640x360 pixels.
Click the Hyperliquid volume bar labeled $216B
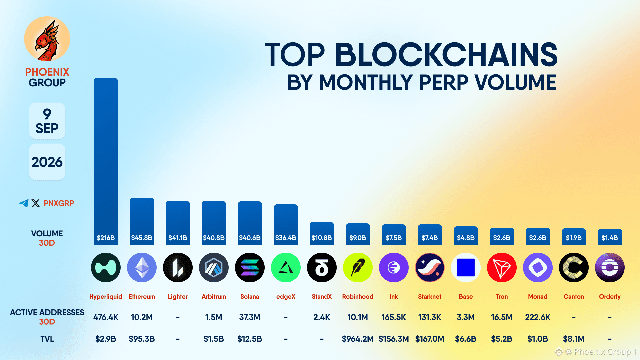(x=106, y=161)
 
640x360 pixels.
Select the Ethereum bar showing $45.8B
(x=142, y=221)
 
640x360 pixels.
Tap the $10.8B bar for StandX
(x=322, y=233)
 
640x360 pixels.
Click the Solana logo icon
(x=250, y=268)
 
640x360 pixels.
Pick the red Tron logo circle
(x=502, y=268)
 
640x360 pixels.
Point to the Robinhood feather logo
(x=358, y=268)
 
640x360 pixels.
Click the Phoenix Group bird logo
(x=47, y=39)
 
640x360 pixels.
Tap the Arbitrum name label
(x=214, y=297)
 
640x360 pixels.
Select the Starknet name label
(x=430, y=297)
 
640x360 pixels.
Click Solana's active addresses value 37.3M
(x=250, y=317)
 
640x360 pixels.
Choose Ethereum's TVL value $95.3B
(x=142, y=339)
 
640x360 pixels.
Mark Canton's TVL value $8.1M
(x=574, y=339)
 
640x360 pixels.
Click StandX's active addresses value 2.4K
(x=322, y=317)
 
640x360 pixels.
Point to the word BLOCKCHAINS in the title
(x=446, y=55)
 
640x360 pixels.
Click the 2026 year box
(x=47, y=162)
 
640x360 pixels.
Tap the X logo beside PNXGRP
(x=36, y=203)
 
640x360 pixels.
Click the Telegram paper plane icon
(x=24, y=203)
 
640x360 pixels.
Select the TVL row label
(x=47, y=339)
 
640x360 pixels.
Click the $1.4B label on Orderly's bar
(x=610, y=238)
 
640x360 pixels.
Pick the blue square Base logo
(x=466, y=268)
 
